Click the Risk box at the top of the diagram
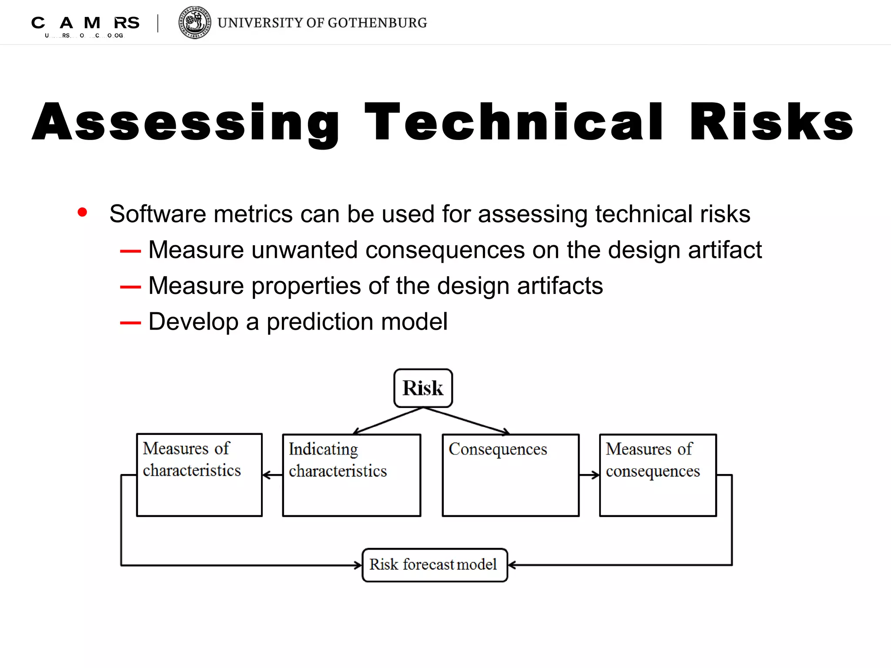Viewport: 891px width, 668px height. [423, 388]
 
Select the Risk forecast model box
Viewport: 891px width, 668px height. [435, 565]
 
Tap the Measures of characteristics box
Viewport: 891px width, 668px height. [199, 475]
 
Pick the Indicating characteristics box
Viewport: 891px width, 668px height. [352, 475]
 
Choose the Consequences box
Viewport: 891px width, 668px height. [510, 475]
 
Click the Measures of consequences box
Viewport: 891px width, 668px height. [658, 475]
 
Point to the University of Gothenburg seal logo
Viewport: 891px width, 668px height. [195, 23]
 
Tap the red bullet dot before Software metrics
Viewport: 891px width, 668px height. [82, 212]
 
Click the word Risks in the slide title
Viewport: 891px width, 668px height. [771, 123]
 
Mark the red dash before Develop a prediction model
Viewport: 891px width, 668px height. [131, 323]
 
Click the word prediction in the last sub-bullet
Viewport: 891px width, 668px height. [320, 322]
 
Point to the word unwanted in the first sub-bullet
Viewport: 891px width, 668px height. [305, 250]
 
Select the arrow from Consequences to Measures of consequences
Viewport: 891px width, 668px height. [590, 475]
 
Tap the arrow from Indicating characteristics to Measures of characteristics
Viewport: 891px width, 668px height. [272, 475]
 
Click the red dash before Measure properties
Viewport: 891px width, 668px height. [131, 287]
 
